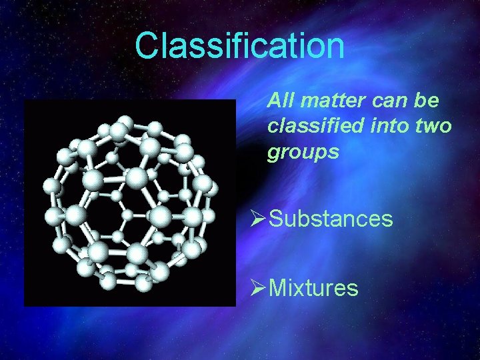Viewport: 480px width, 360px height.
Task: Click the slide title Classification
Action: [x=239, y=46]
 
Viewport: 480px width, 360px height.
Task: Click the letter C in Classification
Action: [x=147, y=46]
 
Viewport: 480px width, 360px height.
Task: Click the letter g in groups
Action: [x=273, y=154]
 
